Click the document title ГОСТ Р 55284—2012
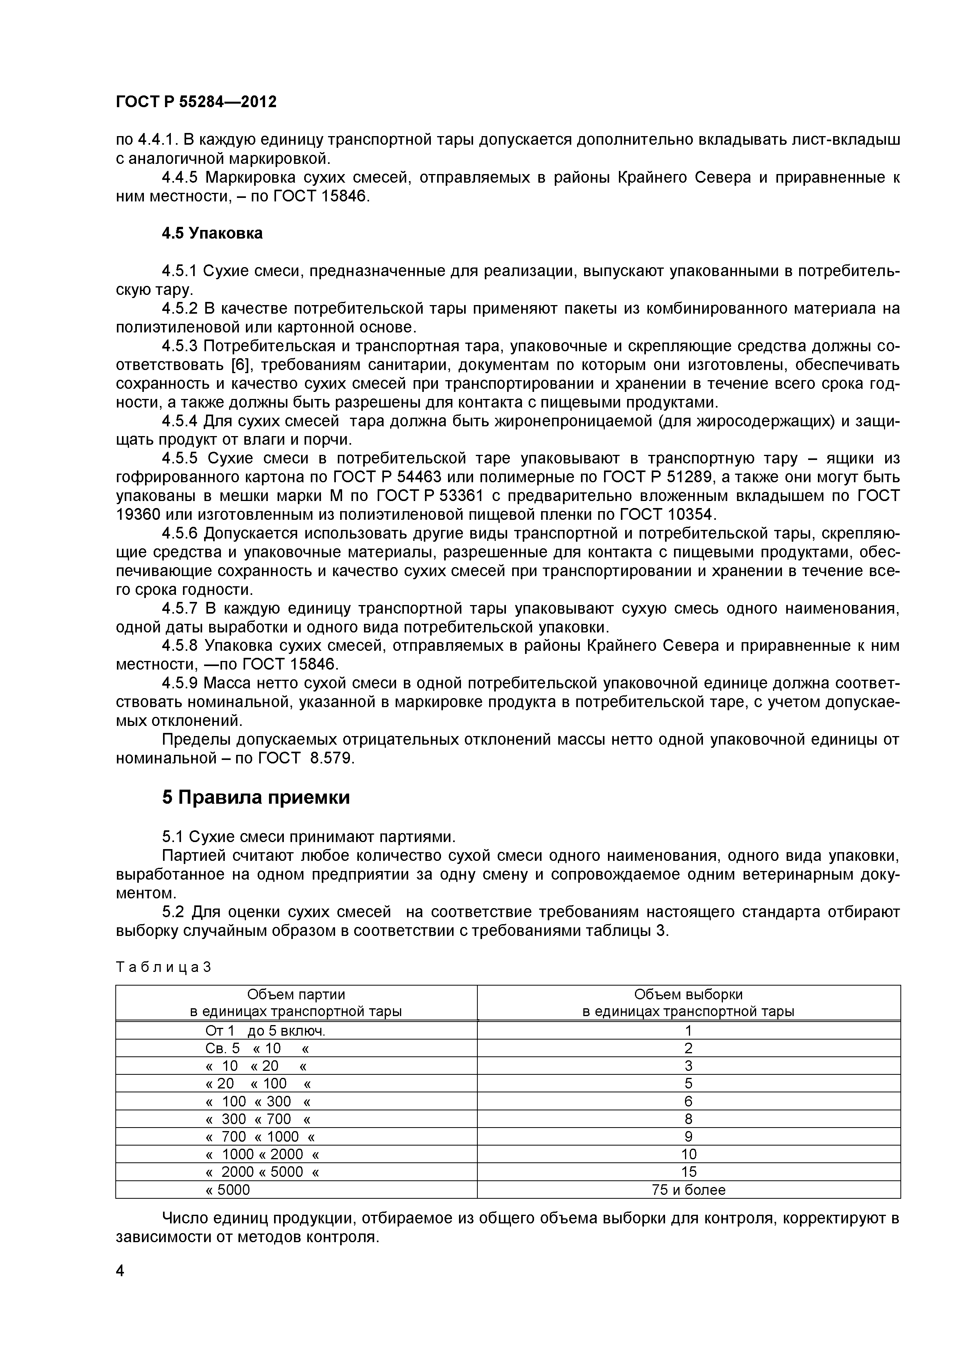196,102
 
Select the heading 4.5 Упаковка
212,233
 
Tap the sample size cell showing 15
688,1172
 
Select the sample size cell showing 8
688,1119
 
